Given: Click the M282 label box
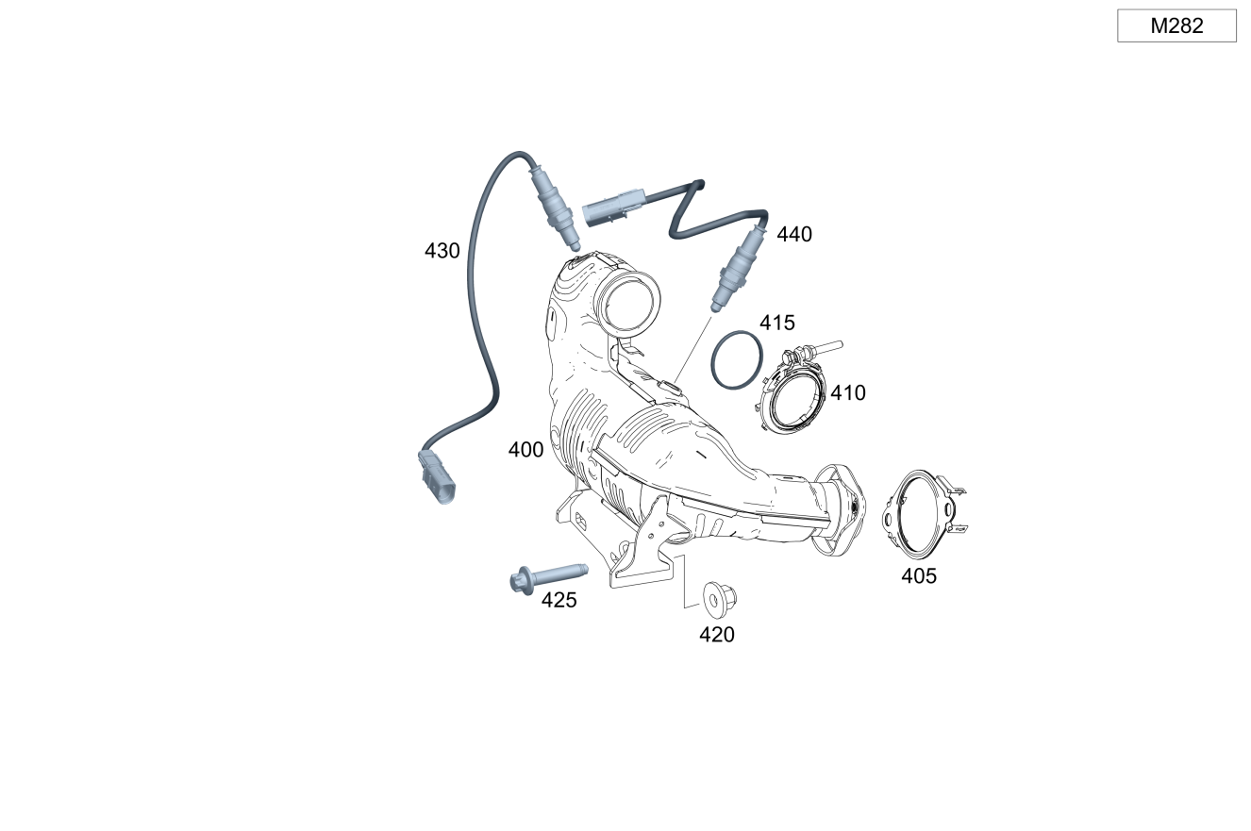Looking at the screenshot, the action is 1176,25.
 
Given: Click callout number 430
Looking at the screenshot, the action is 442,251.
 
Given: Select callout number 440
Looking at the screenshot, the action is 793,234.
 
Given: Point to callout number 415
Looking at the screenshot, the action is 777,323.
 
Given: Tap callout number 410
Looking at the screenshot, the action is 847,392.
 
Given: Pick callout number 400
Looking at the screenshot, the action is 525,450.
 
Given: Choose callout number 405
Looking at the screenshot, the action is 918,576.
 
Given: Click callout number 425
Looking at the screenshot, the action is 559,600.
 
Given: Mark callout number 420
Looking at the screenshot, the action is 716,635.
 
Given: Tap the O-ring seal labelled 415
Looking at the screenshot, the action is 736,359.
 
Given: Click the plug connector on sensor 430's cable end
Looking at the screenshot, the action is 436,478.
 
